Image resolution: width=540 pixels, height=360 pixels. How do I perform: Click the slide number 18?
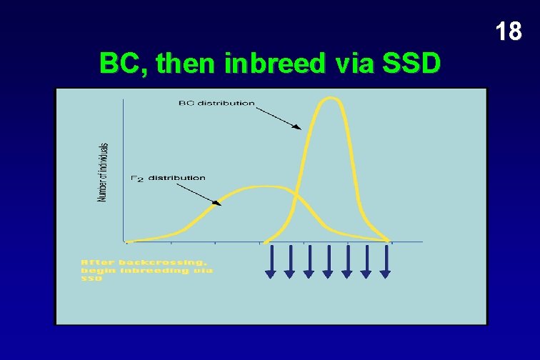tap(508, 32)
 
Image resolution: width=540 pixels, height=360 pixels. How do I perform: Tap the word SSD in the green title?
tap(411, 65)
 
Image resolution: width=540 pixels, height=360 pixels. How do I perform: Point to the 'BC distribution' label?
tap(216, 103)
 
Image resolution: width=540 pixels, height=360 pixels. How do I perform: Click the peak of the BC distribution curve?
tap(329, 98)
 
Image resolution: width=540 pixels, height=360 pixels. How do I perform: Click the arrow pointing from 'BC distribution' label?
tap(278, 117)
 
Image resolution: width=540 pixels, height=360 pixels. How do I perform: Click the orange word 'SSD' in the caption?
tap(91, 279)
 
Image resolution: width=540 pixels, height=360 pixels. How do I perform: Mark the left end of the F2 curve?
tap(127, 241)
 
